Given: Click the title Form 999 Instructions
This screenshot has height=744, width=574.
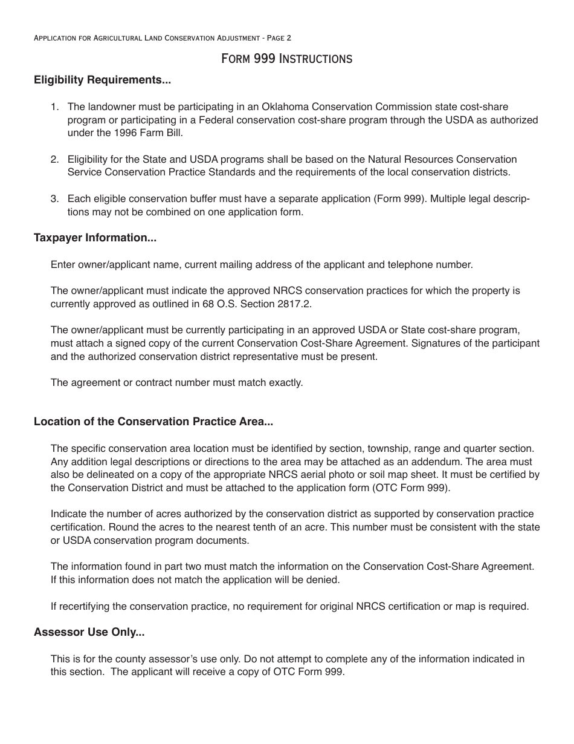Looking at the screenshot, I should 286,59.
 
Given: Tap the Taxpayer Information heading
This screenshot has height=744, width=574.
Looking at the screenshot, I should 95,238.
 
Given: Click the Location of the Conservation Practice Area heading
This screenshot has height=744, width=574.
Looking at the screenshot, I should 153,422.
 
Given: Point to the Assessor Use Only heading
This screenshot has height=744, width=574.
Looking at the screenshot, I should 89,632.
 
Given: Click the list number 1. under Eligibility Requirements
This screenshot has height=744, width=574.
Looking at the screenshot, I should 54,107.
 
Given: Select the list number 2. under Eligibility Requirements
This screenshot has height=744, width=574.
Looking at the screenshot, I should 54,160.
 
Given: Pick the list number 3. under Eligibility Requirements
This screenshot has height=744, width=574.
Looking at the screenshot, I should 54,199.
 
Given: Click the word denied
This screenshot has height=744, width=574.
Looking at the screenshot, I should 325,579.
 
